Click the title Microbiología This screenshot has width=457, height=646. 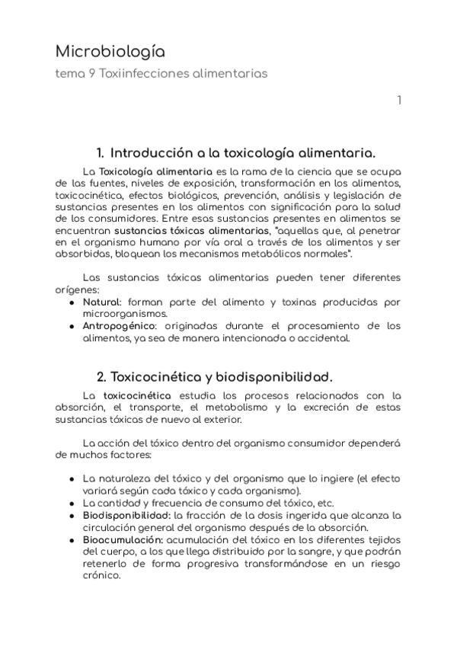(110, 52)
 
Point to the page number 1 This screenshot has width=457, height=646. (399, 101)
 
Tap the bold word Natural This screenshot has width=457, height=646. (101, 302)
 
